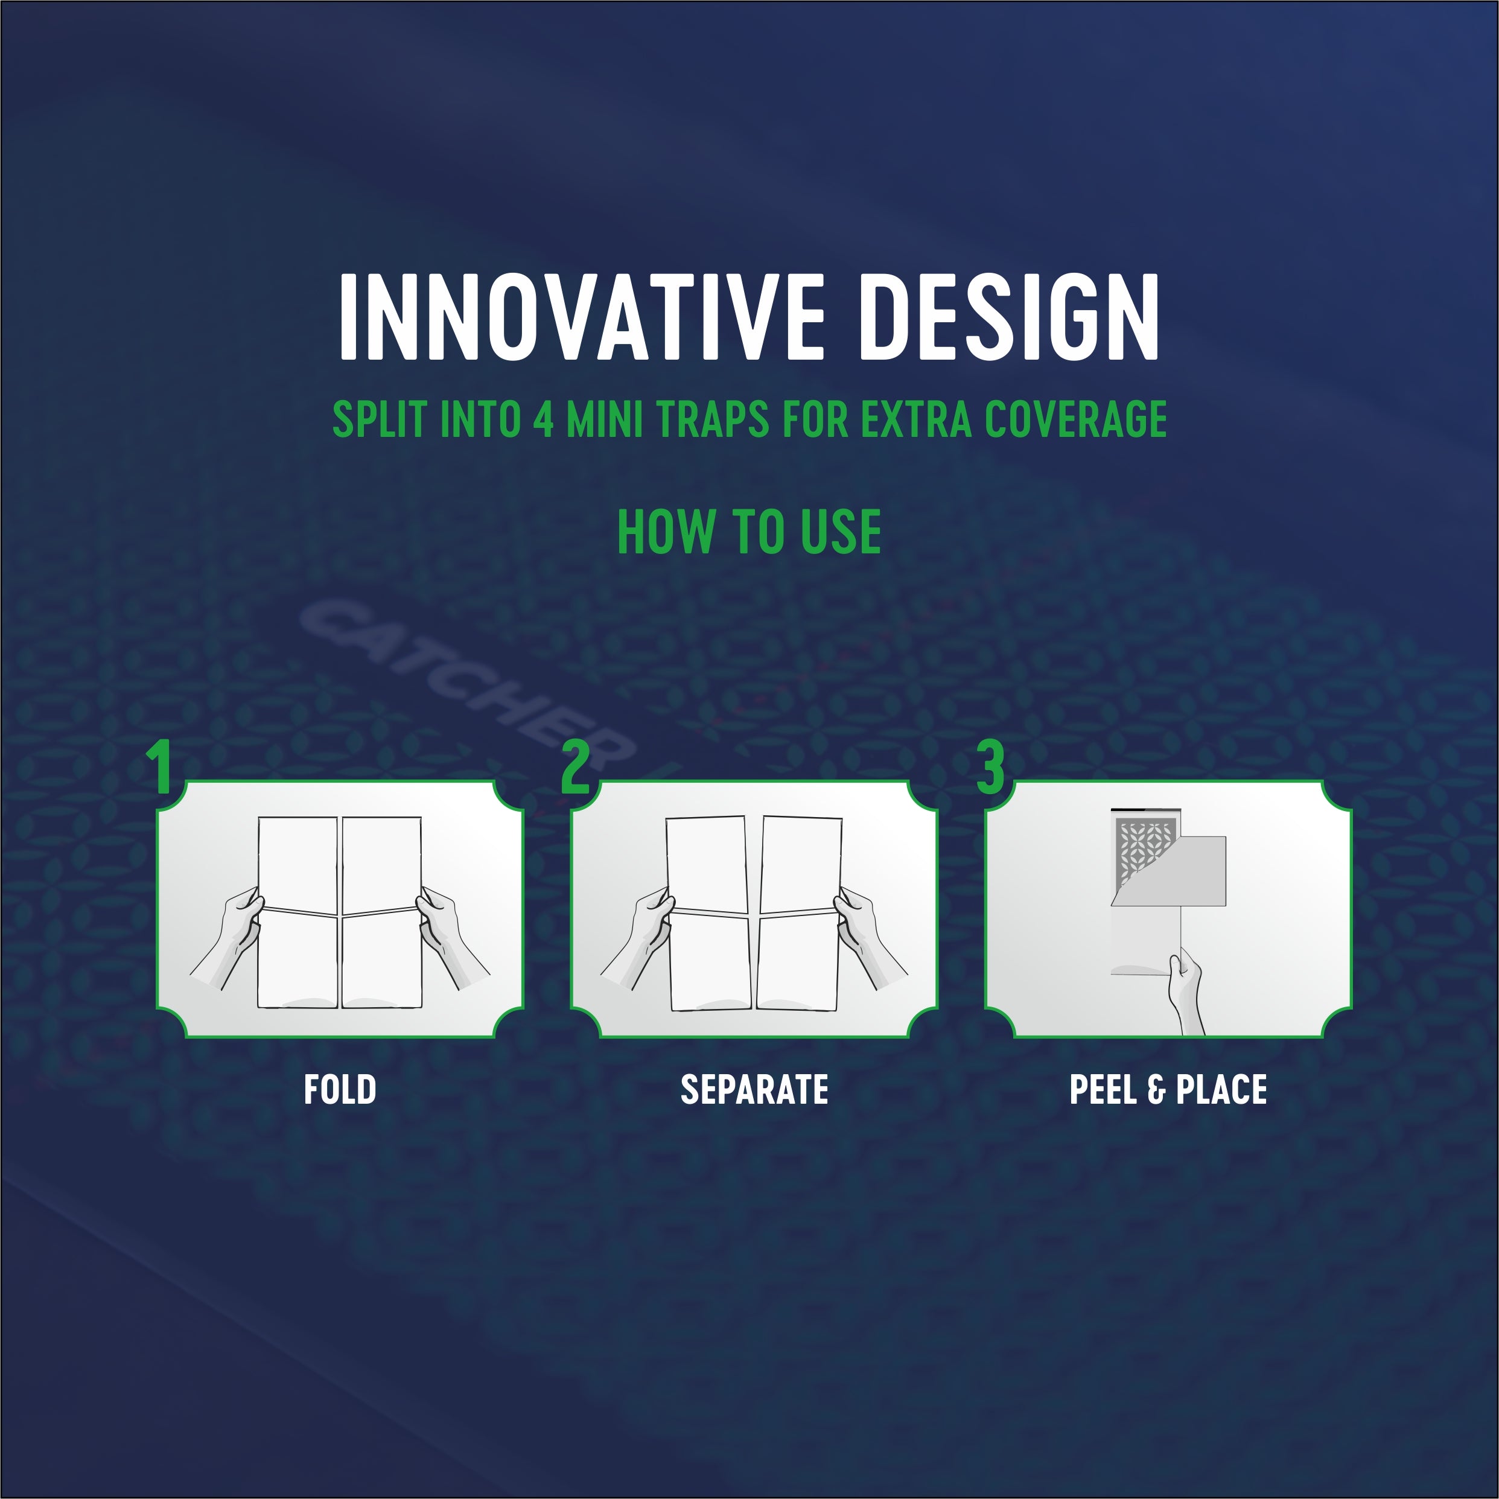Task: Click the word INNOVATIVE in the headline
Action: tap(581, 317)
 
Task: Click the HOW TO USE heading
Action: tap(749, 532)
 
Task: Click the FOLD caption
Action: tap(340, 1090)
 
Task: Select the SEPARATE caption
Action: tap(754, 1090)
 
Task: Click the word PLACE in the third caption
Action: tap(1221, 1090)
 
